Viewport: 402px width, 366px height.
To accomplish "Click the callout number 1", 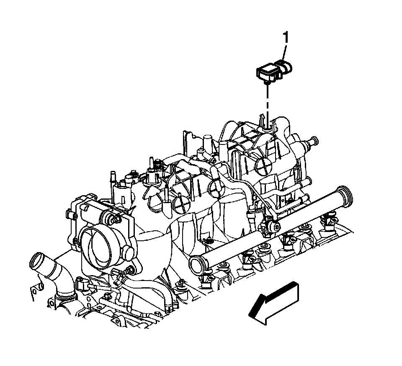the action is (x=285, y=38).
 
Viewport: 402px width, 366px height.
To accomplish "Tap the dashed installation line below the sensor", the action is (x=268, y=105).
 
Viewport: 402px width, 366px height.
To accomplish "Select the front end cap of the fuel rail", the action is (x=196, y=265).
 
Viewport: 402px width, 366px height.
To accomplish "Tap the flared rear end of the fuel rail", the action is (x=345, y=195).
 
